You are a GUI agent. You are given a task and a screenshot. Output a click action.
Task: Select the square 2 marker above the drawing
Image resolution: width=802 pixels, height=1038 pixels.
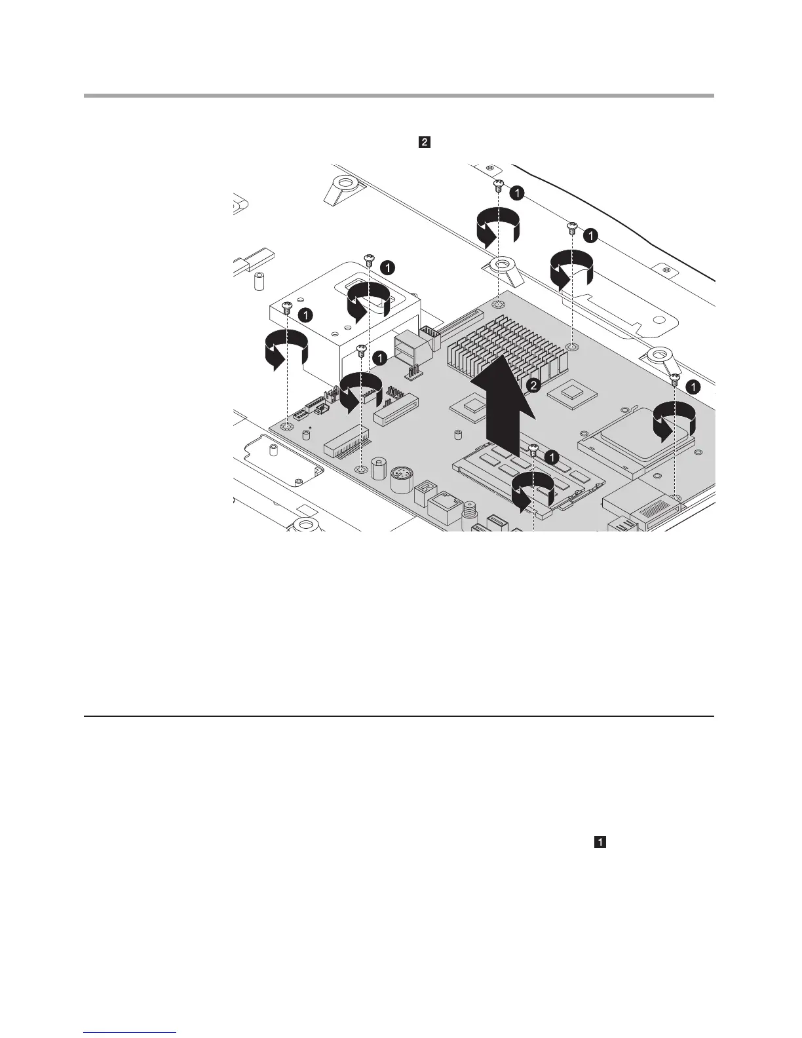point(425,142)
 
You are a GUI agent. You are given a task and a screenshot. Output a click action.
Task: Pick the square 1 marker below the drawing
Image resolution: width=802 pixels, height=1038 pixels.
point(600,843)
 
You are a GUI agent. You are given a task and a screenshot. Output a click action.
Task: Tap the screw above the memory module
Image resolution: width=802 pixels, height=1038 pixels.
point(533,452)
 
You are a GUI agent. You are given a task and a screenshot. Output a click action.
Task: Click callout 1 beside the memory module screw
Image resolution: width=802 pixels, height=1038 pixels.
point(552,455)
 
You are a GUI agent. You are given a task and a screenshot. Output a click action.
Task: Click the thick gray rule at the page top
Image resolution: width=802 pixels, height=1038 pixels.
point(398,96)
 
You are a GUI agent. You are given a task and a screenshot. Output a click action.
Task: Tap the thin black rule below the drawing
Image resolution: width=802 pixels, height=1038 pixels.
point(398,716)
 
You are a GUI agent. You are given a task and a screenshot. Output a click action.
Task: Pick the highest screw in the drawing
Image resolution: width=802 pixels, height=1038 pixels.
point(498,184)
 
